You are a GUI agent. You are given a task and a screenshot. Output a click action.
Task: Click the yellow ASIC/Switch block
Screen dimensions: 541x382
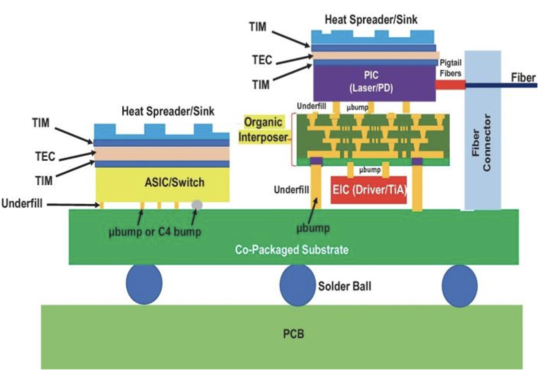162,184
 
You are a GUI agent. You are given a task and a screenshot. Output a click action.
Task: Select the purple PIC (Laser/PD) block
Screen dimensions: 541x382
374,83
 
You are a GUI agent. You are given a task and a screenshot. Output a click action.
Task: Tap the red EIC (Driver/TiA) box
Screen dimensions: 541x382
369,190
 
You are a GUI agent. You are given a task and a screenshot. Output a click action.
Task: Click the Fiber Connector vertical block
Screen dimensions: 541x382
483,130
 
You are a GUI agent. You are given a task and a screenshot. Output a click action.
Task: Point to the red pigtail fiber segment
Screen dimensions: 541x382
451,85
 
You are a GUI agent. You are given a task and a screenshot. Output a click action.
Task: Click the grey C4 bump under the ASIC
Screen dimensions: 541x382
197,205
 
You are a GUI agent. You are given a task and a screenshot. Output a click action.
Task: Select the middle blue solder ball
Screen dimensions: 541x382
297,285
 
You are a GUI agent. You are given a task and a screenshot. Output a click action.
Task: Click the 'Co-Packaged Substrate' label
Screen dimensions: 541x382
292,249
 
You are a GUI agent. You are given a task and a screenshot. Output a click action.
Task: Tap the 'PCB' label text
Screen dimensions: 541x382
294,334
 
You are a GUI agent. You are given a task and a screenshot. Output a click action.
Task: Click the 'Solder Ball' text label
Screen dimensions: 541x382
344,286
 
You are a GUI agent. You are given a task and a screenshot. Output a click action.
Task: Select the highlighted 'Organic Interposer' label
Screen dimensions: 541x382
263,130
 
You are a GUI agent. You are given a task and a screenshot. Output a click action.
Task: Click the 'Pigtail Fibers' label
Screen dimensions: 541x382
450,68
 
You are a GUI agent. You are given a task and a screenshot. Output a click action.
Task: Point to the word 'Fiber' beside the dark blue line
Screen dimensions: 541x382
523,78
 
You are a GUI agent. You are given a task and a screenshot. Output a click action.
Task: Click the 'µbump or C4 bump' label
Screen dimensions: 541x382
155,232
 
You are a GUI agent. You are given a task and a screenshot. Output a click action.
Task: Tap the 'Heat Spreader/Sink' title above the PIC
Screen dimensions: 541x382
371,20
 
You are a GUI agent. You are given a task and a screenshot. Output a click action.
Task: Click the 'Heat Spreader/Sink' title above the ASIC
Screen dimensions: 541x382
168,111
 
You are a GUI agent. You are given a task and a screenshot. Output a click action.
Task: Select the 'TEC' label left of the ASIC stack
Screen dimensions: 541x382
45,157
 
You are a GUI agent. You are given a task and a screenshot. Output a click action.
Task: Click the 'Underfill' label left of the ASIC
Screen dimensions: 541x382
22,203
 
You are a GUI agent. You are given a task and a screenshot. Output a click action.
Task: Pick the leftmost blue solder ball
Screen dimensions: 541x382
144,284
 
